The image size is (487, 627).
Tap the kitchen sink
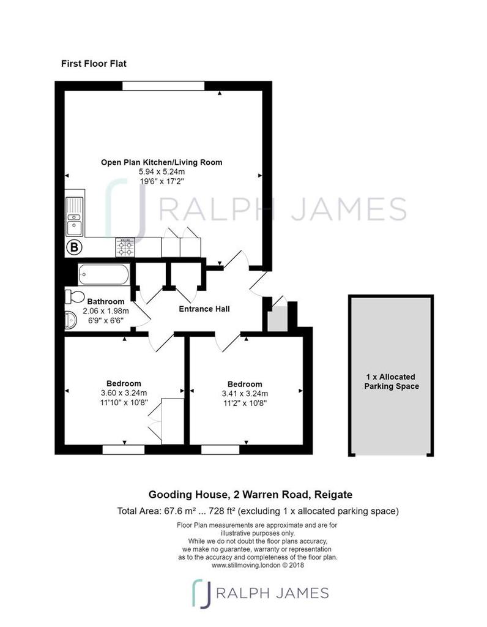[75, 218]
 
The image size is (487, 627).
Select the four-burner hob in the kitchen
[126, 247]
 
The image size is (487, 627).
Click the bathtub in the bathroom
[103, 274]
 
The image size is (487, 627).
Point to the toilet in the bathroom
[76, 297]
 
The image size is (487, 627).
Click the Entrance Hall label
[204, 309]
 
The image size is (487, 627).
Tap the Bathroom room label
[105, 301]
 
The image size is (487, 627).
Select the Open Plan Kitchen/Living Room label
[162, 162]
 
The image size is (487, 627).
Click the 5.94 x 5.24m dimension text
[162, 172]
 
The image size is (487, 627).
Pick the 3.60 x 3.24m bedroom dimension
[124, 393]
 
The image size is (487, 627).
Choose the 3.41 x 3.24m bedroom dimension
[245, 394]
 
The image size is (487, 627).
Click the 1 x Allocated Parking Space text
[392, 381]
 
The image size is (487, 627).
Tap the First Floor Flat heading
[94, 63]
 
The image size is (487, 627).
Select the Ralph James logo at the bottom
[260, 593]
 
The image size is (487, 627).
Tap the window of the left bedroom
[123, 449]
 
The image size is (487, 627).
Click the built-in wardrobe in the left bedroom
[172, 420]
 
